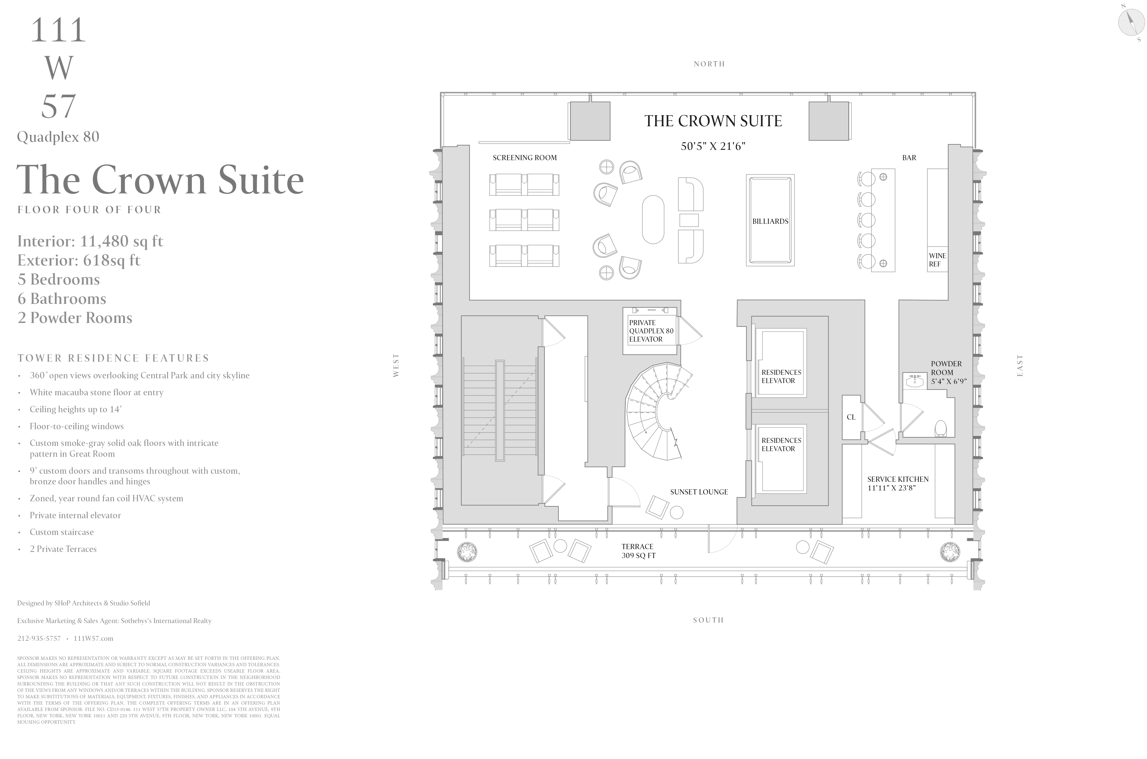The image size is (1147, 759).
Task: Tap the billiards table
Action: click(x=770, y=220)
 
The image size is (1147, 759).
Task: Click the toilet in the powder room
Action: click(x=940, y=428)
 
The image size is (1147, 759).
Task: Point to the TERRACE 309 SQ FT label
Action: click(x=638, y=551)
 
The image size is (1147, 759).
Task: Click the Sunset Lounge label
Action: click(x=699, y=492)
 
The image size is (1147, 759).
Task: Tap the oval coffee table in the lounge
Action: click(x=653, y=219)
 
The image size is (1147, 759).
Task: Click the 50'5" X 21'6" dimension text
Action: click(x=713, y=146)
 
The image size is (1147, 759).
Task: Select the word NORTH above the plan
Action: click(x=709, y=64)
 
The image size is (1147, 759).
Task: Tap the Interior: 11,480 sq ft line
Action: click(x=90, y=241)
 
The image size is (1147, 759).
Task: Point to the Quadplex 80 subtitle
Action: click(x=58, y=137)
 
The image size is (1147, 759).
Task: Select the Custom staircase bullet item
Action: click(x=62, y=532)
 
